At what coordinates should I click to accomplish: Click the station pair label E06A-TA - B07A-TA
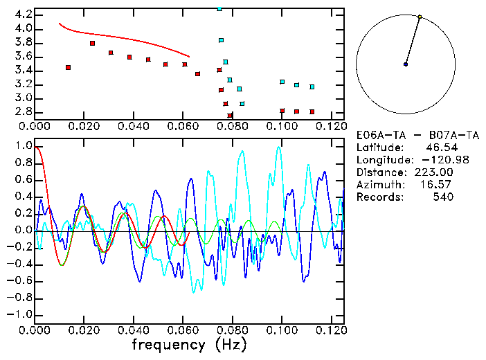click(x=416, y=135)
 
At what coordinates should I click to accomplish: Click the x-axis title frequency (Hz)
click(x=189, y=344)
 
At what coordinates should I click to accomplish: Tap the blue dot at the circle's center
click(x=406, y=64)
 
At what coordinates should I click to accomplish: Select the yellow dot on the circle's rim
click(x=420, y=16)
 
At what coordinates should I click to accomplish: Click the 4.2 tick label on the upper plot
click(x=23, y=15)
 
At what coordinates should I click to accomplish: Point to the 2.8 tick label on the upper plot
click(x=23, y=111)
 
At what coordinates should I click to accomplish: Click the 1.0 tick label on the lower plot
click(x=23, y=147)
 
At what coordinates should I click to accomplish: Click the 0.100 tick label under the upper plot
click(x=282, y=126)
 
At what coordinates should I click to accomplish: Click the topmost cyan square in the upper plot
click(x=219, y=8)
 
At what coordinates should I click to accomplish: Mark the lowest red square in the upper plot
click(x=230, y=116)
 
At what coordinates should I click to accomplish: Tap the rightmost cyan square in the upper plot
click(x=312, y=87)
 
